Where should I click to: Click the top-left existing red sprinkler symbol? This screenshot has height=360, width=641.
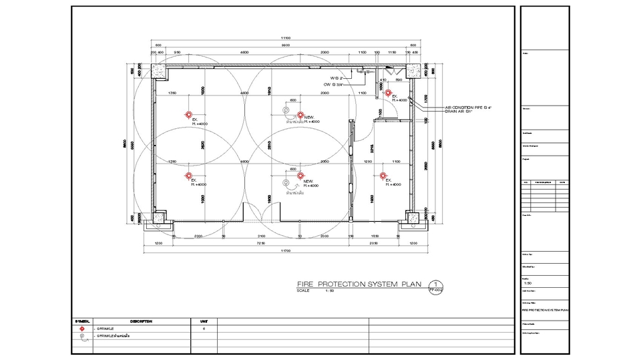189,115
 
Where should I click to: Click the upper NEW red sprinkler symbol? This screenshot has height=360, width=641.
300,115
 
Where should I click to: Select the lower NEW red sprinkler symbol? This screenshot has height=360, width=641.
300,176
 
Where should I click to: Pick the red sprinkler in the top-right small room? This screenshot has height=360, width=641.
387,94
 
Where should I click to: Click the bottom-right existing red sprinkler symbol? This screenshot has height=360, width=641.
383,176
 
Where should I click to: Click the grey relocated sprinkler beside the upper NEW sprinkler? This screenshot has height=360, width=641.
286,110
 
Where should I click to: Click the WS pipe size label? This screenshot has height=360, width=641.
336,78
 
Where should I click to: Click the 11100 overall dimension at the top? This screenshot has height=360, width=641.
285,37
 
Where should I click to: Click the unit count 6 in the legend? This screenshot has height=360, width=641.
204,329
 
